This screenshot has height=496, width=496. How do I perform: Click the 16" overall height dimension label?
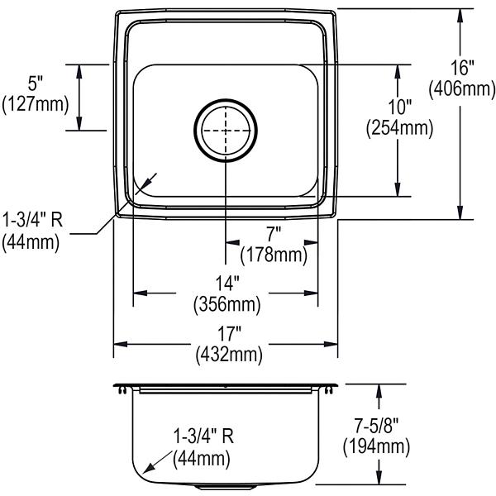coord(462,68)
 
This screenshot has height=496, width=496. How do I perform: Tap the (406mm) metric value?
coord(462,88)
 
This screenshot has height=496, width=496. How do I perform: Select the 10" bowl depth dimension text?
coord(400,107)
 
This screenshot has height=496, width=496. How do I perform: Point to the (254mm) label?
coord(399,128)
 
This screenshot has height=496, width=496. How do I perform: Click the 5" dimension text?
coord(35,83)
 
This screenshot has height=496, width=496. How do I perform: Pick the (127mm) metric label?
coord(35,104)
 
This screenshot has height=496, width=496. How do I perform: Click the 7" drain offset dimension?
coord(274,235)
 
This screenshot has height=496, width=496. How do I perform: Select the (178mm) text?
coord(274,255)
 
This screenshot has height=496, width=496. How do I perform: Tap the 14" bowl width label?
coord(227,283)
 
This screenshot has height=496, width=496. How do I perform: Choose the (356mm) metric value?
coord(227,304)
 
